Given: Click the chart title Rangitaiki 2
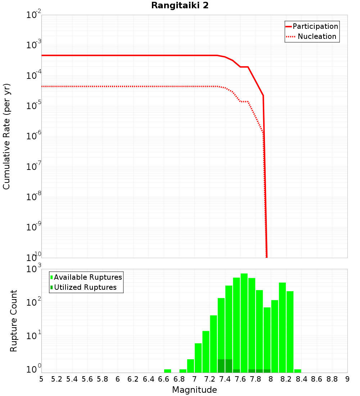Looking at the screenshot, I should click(x=180, y=6).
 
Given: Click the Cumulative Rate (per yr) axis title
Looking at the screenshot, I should click(x=6, y=136).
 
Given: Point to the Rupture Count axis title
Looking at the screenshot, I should click(x=14, y=321).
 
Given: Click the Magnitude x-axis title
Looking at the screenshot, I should click(x=194, y=390).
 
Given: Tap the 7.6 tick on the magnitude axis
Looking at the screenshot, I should click(x=240, y=379).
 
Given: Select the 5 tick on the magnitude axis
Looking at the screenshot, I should click(x=41, y=379).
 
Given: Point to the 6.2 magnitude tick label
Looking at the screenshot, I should click(x=133, y=379).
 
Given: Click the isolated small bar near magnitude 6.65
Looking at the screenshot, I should click(x=167, y=371).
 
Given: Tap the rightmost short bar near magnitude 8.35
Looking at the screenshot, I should click(x=297, y=371).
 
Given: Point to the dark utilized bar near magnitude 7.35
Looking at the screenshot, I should click(x=221, y=366).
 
